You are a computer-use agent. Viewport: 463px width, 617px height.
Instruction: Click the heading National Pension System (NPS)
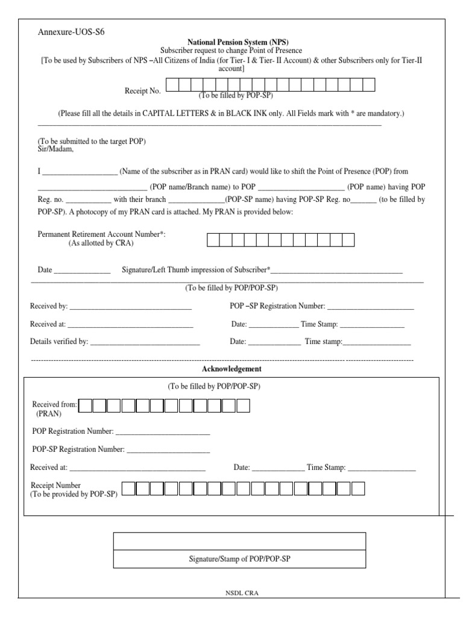pyautogui.click(x=231, y=43)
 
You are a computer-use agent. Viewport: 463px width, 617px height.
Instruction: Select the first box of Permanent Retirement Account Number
pyautogui.click(x=213, y=240)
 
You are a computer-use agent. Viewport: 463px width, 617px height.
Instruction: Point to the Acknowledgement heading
pyautogui.click(x=231, y=369)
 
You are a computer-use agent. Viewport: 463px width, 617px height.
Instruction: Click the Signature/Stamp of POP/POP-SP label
pyautogui.click(x=239, y=559)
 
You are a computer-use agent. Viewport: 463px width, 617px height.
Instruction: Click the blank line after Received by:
pyautogui.click(x=131, y=307)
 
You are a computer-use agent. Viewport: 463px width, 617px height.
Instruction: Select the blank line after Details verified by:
pyautogui.click(x=145, y=342)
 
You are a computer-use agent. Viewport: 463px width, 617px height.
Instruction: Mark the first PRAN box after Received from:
pyautogui.click(x=86, y=406)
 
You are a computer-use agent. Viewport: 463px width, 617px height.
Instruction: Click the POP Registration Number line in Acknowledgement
pyautogui.click(x=163, y=432)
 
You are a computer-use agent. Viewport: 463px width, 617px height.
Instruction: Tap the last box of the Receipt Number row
pyautogui.click(x=358, y=489)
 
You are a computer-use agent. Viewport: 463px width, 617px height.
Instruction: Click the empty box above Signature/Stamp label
pyautogui.click(x=239, y=541)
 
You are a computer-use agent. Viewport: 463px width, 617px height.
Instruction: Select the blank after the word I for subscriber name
pyautogui.click(x=80, y=172)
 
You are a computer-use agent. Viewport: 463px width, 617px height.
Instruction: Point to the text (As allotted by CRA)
pyautogui.click(x=101, y=243)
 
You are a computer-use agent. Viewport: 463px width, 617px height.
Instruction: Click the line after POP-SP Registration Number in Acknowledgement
pyautogui.click(x=168, y=449)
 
